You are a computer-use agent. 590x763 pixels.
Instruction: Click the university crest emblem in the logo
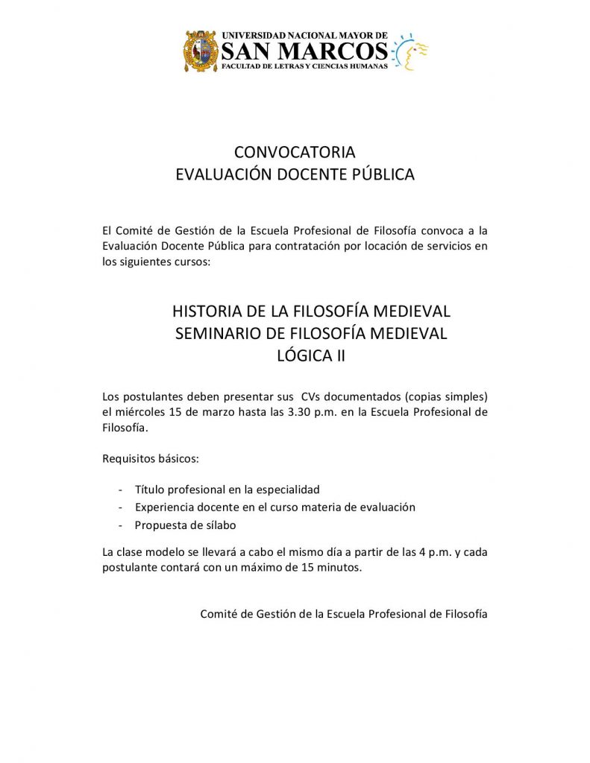201,51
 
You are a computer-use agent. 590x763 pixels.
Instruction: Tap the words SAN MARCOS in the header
305,51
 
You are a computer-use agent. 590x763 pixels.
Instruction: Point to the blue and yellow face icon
411,51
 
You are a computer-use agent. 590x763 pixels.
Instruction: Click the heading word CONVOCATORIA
295,152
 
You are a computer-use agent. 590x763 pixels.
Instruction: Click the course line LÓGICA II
310,356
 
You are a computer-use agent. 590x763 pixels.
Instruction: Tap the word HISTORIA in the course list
206,310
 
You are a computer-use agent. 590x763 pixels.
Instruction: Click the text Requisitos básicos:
150,458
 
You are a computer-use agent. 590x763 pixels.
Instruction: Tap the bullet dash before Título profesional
121,490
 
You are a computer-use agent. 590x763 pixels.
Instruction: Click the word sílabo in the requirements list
218,525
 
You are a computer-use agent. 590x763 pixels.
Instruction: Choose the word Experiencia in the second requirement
166,507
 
